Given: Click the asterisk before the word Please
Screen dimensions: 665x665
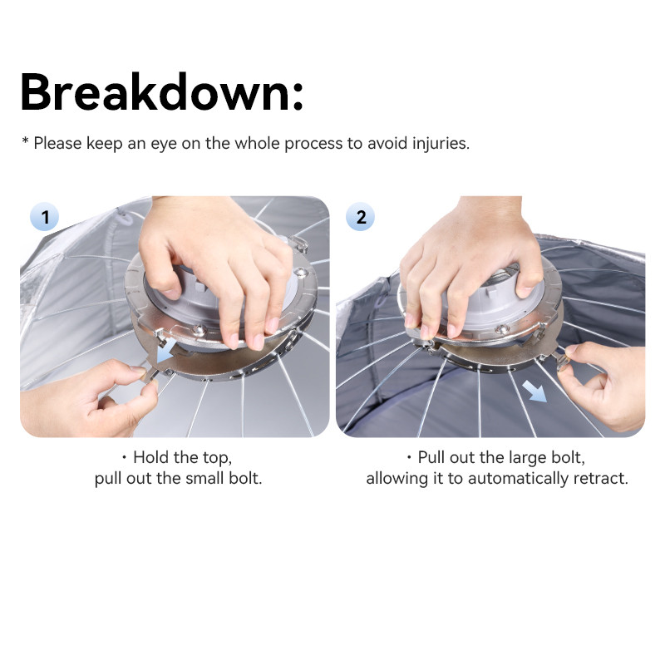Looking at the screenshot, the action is (25, 140).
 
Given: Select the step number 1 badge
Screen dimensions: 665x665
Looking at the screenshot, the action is (45, 217).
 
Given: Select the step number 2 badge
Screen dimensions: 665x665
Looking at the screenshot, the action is (361, 217).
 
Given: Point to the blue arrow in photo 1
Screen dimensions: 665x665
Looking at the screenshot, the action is (167, 350).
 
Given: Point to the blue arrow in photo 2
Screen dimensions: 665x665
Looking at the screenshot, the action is (534, 391).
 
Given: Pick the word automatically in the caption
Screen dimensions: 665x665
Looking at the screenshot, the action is (518, 479).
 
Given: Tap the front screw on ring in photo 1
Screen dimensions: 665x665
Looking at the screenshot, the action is (198, 328).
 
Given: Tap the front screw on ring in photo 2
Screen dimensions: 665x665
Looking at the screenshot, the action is (501, 328).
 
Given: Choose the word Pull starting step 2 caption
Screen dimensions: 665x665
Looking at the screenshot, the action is (431, 457).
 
